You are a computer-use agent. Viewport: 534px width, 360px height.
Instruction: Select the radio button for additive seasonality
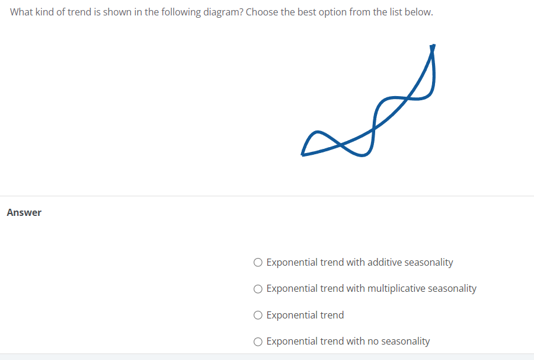pyautogui.click(x=258, y=262)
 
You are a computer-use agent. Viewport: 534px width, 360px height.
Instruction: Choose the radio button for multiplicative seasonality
pyautogui.click(x=258, y=289)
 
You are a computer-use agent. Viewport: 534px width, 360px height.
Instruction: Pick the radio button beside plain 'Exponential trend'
pyautogui.click(x=258, y=315)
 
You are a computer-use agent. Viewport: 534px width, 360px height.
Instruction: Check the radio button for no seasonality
pyautogui.click(x=258, y=342)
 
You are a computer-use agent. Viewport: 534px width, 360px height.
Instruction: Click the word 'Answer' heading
pyautogui.click(x=24, y=212)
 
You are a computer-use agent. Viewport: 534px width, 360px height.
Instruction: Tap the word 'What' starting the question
pyautogui.click(x=21, y=12)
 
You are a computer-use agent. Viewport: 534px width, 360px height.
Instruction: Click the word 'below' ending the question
pyautogui.click(x=419, y=12)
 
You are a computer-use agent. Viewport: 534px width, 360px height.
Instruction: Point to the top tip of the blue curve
pyautogui.click(x=433, y=46)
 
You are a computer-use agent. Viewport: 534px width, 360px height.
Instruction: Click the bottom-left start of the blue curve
pyautogui.click(x=303, y=154)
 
